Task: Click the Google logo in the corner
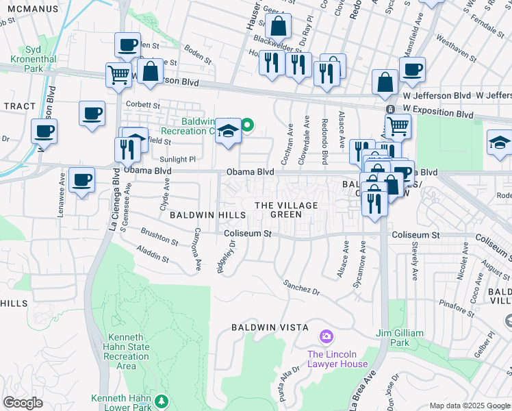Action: (23, 403)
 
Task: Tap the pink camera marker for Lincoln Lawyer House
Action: (327, 337)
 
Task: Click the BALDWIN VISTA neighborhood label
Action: (268, 327)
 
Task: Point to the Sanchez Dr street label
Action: (301, 287)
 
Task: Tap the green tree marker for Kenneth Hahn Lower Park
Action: (162, 400)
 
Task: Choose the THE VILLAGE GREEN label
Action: (286, 210)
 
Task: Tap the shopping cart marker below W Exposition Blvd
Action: (398, 125)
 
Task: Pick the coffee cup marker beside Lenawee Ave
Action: (81, 180)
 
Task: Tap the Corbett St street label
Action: (143, 105)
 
